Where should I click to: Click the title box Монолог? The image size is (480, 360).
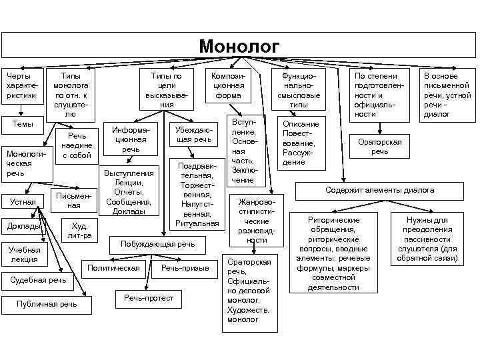[x=239, y=46]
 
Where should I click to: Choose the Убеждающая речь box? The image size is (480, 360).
[x=194, y=134]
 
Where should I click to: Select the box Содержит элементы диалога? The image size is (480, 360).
[x=379, y=191]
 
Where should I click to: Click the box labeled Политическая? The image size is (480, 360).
[x=114, y=268]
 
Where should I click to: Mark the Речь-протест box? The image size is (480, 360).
[x=148, y=298]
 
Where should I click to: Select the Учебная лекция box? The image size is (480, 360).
[x=23, y=254]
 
